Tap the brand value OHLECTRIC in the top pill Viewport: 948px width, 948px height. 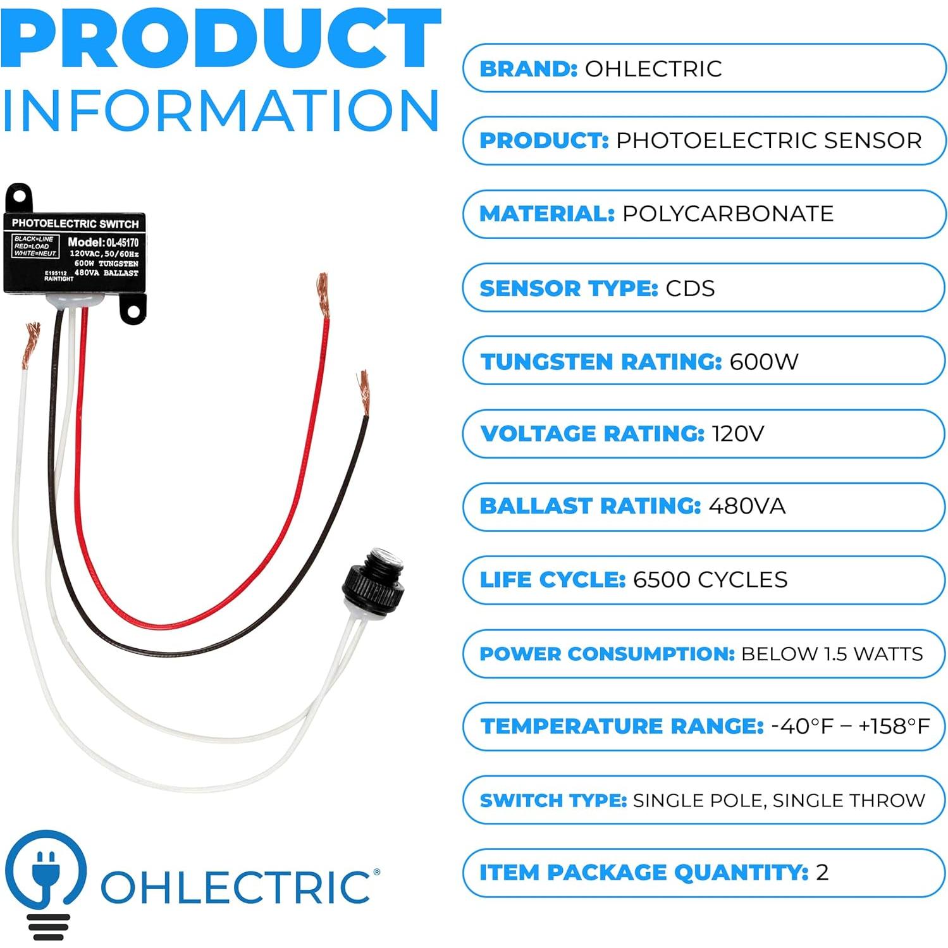[x=653, y=69]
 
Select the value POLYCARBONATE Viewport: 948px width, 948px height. [x=727, y=214]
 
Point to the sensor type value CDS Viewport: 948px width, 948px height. [x=690, y=288]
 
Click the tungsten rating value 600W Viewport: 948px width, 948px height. [x=763, y=362]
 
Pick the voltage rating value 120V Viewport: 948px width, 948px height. [x=737, y=434]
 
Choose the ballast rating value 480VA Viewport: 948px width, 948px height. [x=747, y=506]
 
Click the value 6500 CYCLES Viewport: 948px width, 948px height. [x=710, y=579]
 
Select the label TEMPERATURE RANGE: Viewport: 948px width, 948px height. [x=622, y=726]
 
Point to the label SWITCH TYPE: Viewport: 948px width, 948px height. [x=553, y=800]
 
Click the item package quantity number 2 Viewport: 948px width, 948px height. [x=822, y=873]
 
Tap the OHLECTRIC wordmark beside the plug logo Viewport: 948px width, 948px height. [x=236, y=886]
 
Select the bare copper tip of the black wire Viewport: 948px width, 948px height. [x=363, y=392]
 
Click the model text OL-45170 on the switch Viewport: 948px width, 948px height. [x=121, y=242]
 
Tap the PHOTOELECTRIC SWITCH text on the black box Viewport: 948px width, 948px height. [x=75, y=223]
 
